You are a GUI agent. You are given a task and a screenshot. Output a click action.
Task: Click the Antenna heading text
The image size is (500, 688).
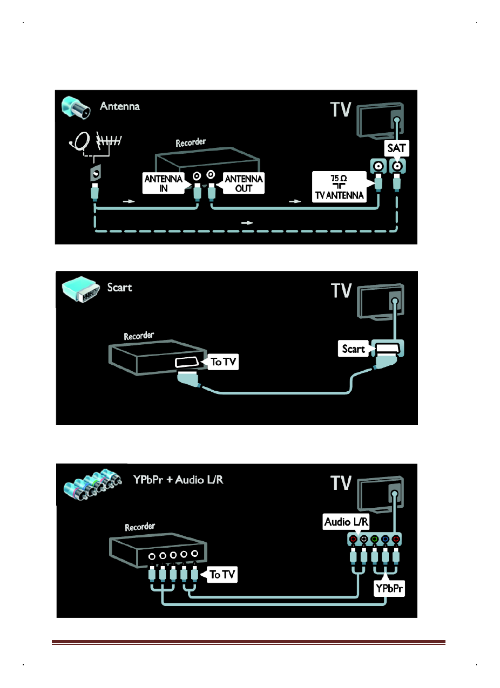[120, 106]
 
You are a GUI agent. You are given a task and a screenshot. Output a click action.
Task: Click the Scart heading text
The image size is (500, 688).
[120, 287]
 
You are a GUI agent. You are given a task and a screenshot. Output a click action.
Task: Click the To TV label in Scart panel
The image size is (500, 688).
[223, 362]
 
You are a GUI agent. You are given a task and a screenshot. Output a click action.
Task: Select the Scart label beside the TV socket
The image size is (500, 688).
[354, 349]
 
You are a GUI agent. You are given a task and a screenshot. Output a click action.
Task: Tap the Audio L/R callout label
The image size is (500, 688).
[346, 521]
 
